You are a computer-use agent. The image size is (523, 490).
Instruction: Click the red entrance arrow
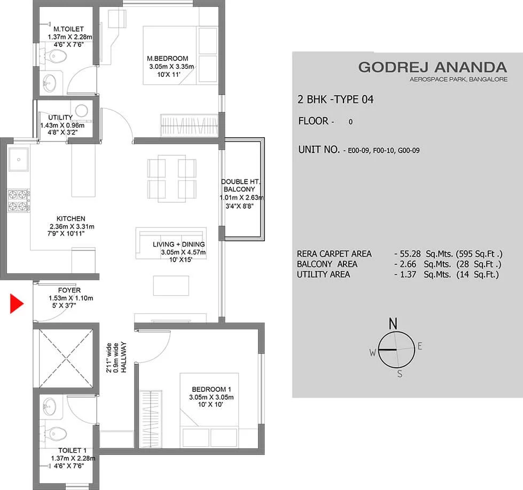(x=17, y=304)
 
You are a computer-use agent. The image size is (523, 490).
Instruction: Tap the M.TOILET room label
(x=68, y=29)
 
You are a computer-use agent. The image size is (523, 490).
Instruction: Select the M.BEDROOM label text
(x=167, y=58)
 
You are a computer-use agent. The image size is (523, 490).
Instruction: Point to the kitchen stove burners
(x=18, y=200)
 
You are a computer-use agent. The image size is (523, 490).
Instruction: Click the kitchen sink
(x=19, y=160)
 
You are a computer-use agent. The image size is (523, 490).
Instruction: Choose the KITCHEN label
(x=71, y=219)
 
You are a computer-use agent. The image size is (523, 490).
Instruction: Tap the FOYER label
(x=69, y=290)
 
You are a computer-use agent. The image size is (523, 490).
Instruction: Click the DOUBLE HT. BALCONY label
(x=240, y=185)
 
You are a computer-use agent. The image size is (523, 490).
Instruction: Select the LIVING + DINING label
(x=179, y=244)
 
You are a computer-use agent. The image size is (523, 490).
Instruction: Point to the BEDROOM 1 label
(x=212, y=389)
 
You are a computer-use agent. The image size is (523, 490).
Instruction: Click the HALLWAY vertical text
(x=124, y=357)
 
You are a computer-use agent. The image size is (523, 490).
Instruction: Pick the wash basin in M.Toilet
(x=49, y=82)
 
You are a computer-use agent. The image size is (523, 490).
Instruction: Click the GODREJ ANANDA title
(x=433, y=67)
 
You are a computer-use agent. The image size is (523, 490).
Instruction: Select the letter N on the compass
(x=393, y=323)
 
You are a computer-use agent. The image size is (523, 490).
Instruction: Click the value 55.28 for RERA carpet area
(x=410, y=254)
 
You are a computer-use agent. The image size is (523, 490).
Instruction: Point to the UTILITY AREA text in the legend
(x=324, y=275)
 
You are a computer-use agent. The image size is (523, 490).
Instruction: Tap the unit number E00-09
(x=358, y=151)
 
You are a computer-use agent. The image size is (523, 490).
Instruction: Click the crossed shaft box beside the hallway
(x=66, y=358)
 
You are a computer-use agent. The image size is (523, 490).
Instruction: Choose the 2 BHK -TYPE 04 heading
(x=335, y=99)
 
